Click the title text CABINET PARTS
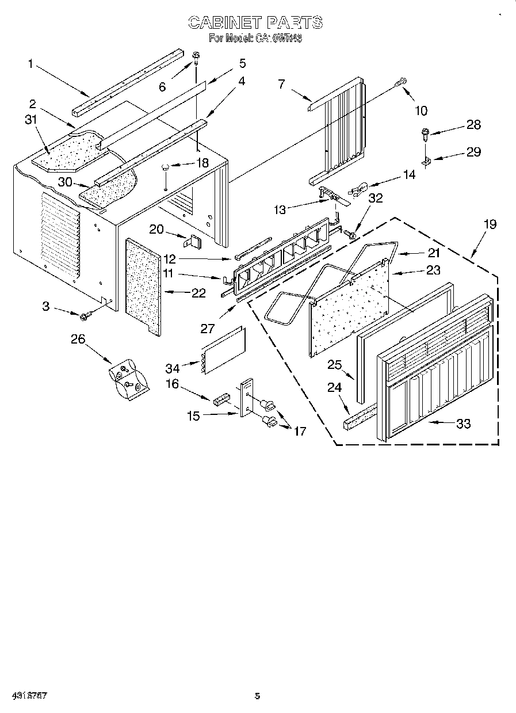click(x=256, y=22)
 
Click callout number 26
click(x=78, y=339)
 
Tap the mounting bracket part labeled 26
click(x=128, y=380)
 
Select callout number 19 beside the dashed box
click(x=490, y=224)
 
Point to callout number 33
click(x=463, y=424)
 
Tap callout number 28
click(x=474, y=125)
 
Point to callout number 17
click(x=300, y=430)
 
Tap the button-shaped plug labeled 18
click(x=166, y=167)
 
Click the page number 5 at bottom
click(x=257, y=696)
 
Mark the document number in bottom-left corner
click(x=29, y=696)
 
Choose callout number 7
click(x=281, y=84)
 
